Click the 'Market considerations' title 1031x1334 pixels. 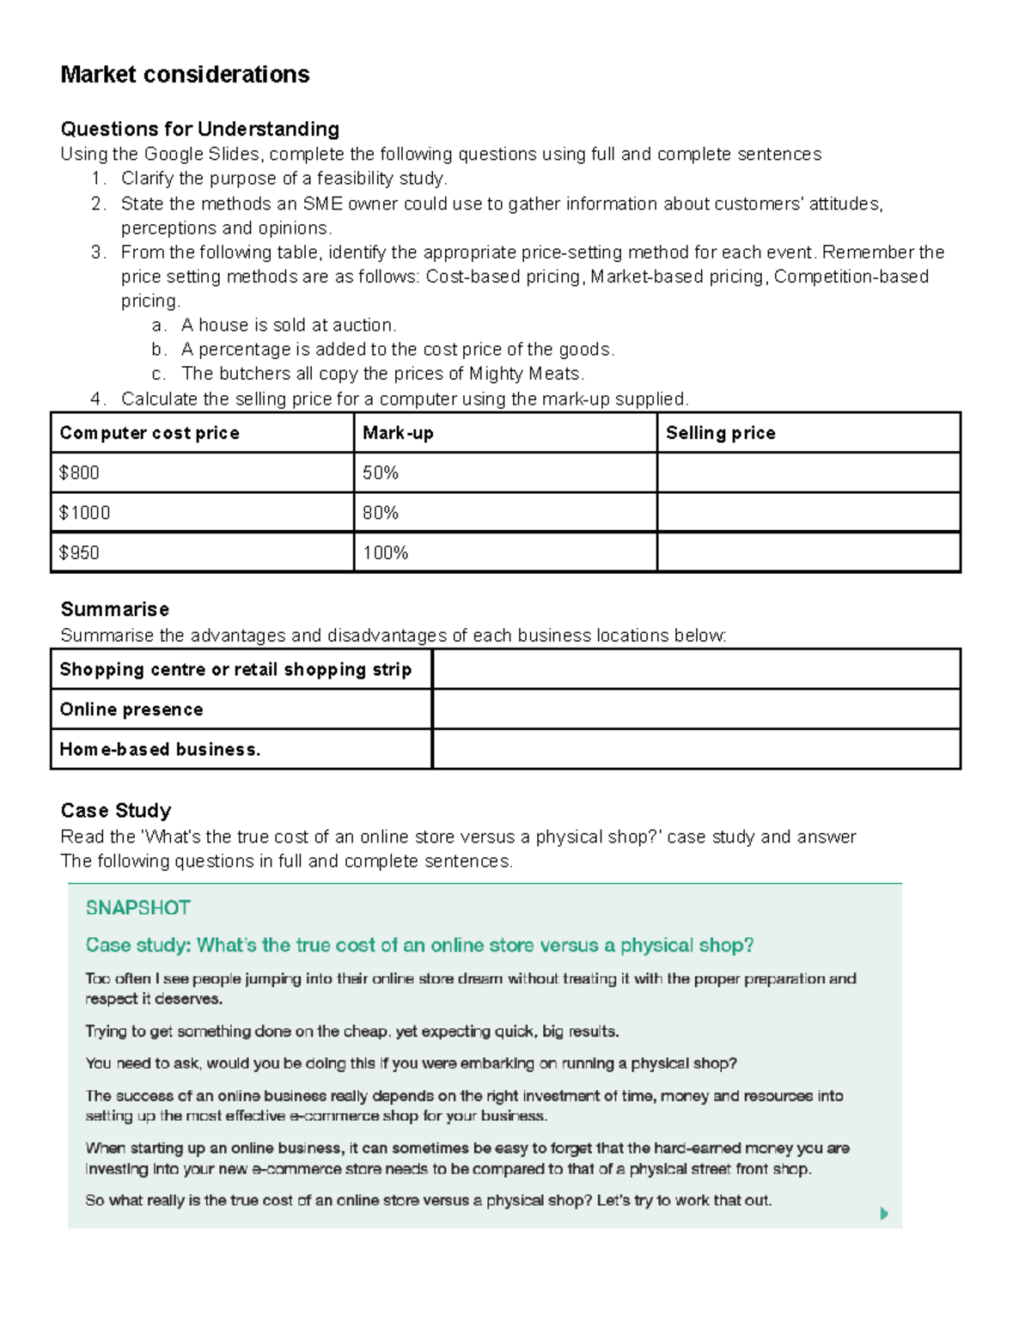(x=185, y=75)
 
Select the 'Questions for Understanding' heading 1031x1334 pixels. (x=199, y=129)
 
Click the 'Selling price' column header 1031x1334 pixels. (x=720, y=433)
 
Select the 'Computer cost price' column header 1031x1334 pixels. (x=149, y=433)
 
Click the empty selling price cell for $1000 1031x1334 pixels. (x=808, y=513)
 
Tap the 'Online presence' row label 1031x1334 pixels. (x=131, y=710)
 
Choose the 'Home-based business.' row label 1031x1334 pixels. (x=160, y=749)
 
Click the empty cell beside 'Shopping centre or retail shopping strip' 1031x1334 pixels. (x=696, y=669)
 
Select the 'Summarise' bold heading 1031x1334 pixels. (x=114, y=609)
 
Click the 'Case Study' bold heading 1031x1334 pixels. (x=115, y=810)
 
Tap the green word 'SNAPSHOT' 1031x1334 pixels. (x=137, y=908)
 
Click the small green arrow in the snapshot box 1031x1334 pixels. (x=884, y=1214)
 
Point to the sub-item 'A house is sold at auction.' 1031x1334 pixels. (x=289, y=326)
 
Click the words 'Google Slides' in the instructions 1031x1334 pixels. (x=201, y=154)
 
